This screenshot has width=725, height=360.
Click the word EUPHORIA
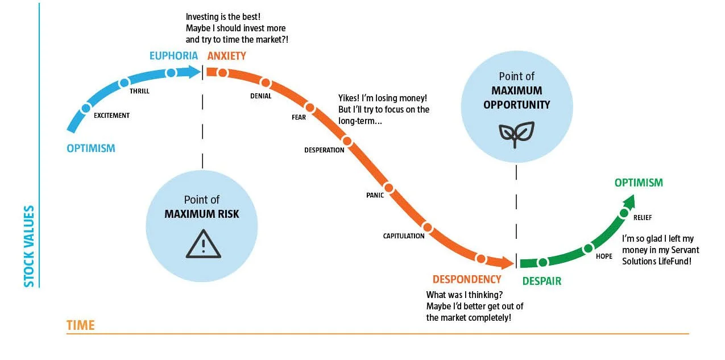173,56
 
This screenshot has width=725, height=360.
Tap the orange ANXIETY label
226,56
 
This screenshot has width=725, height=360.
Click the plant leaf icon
516,134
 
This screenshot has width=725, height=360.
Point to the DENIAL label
260,96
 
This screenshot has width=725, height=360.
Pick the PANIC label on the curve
375,196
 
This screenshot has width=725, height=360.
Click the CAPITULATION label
403,236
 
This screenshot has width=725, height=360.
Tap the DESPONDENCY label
467,279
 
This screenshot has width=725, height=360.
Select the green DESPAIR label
541,281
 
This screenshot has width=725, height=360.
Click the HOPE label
604,256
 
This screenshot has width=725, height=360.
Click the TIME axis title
81,326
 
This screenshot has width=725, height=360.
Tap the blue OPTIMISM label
91,148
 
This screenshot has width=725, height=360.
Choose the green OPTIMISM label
638,183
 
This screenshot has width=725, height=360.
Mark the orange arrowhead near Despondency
507,262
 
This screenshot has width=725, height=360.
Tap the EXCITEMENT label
111,115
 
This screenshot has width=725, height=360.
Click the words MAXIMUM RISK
202,214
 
